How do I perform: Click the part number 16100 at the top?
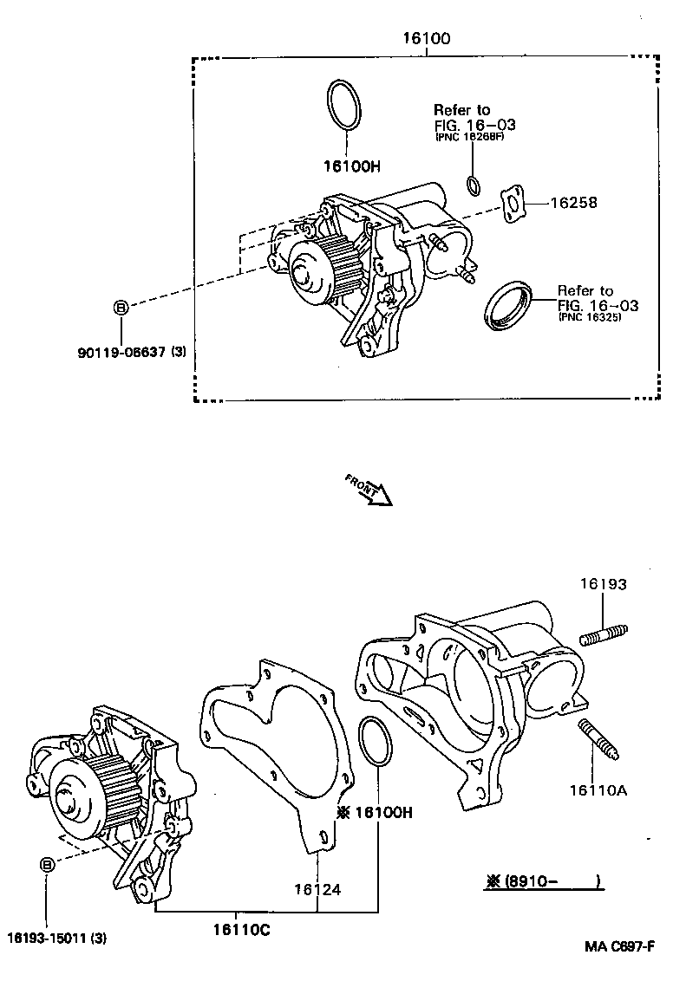(426, 39)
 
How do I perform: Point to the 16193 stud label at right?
(603, 586)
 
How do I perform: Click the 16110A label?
(598, 789)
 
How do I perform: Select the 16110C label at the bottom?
(241, 930)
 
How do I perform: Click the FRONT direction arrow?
(369, 490)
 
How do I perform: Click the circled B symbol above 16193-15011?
(48, 864)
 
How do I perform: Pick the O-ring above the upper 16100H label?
(343, 106)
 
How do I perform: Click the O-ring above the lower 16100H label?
(373, 742)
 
